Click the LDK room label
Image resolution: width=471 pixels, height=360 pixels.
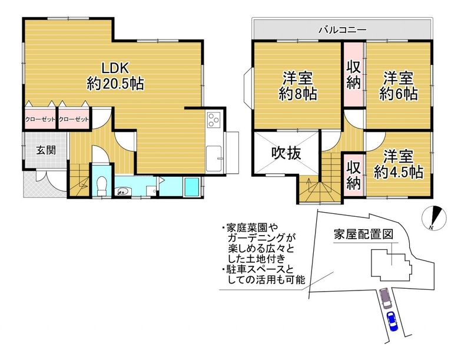pyautogui.click(x=115, y=68)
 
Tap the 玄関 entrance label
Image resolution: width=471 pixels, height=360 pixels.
pyautogui.click(x=46, y=150)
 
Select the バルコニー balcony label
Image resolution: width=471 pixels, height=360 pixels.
pyautogui.click(x=343, y=29)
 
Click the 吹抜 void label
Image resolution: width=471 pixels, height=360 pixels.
pyautogui.click(x=286, y=153)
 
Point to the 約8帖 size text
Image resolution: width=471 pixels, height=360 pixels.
pyautogui.click(x=297, y=94)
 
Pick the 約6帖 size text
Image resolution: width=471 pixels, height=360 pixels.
pyautogui.click(x=399, y=94)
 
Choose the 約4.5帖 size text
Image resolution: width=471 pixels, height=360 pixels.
pyautogui.click(x=399, y=172)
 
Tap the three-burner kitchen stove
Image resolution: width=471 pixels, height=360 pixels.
pyautogui.click(x=214, y=118)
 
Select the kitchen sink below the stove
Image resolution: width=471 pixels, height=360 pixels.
pyautogui.click(x=214, y=158)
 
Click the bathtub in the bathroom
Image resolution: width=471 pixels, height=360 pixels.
pyautogui.click(x=191, y=187)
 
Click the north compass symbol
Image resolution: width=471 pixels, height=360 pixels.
pyautogui.click(x=434, y=219)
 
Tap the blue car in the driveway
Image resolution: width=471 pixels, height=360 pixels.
pyautogui.click(x=392, y=321)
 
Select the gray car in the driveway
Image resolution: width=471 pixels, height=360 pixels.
pyautogui.click(x=384, y=298)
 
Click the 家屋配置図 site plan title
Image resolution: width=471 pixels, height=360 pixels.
pyautogui.click(x=363, y=234)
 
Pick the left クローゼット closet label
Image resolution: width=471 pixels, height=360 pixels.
pyautogui.click(x=40, y=119)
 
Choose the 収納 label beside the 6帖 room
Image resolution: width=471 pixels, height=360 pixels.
pyautogui.click(x=354, y=75)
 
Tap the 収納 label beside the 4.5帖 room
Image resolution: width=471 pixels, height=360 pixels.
pyautogui.click(x=354, y=175)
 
